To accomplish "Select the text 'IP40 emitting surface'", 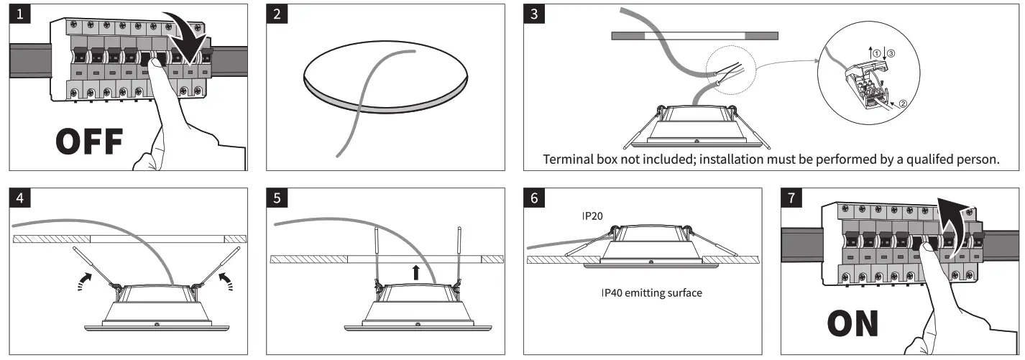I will pyautogui.click(x=652, y=293).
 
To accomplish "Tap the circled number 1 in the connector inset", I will pyautogui.click(x=876, y=52).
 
